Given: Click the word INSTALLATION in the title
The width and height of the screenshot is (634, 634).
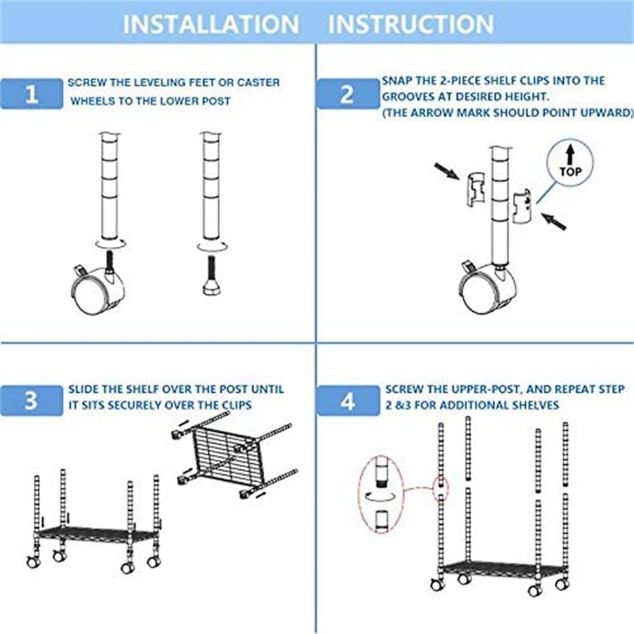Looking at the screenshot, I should (210, 24).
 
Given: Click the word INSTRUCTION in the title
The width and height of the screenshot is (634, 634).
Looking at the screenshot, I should (411, 24).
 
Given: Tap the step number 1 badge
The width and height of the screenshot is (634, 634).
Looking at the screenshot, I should (32, 94).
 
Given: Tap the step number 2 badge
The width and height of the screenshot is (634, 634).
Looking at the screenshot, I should (347, 94).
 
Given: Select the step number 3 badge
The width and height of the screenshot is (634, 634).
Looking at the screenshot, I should (31, 400).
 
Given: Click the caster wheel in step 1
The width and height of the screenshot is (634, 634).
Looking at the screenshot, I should (98, 291).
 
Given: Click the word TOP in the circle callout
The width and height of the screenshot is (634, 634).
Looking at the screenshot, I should (570, 172).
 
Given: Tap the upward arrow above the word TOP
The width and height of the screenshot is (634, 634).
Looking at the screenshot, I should (570, 154).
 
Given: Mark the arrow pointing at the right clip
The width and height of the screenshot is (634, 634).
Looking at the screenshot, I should (554, 221).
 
